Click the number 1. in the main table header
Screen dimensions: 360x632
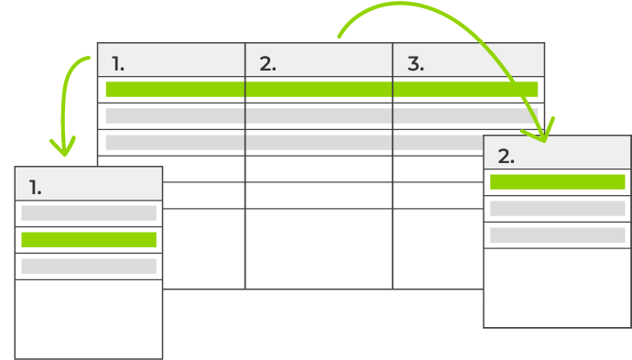(118, 64)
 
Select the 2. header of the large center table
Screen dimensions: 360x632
(267, 64)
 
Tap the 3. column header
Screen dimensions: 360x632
(416, 64)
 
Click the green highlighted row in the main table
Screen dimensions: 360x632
(321, 89)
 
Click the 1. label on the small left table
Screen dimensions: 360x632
(35, 188)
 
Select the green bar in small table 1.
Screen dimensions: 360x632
(89, 240)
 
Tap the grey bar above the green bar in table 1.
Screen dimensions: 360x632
(89, 213)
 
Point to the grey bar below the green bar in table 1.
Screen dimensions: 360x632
(89, 267)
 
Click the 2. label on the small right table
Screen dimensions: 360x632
(506, 156)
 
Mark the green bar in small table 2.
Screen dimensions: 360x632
(557, 181)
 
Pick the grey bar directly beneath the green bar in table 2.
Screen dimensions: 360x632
(557, 208)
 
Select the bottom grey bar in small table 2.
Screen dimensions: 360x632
(557, 235)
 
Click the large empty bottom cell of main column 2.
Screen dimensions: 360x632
(319, 248)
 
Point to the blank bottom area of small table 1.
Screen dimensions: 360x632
(89, 319)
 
